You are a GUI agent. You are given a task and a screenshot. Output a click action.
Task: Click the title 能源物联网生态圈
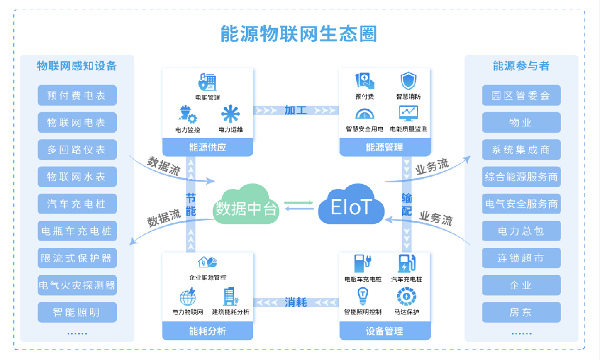tap(299, 33)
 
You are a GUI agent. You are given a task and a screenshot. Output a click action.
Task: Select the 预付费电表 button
tap(77, 95)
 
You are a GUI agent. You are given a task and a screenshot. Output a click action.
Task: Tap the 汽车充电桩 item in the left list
tap(77, 204)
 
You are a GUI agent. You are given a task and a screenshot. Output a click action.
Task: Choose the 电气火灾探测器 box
tap(77, 285)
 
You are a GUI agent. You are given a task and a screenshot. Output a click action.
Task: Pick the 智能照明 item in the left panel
tap(77, 313)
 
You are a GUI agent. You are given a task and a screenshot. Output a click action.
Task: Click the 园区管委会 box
tap(521, 95)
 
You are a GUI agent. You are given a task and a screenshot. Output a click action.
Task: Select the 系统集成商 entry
tap(521, 149)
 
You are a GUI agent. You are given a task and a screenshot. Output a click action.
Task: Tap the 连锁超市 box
tap(521, 258)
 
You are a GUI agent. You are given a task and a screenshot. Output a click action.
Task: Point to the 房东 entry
tap(521, 313)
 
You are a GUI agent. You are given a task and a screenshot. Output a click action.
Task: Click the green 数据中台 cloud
tap(247, 207)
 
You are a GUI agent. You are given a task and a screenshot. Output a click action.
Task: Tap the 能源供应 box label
tap(208, 147)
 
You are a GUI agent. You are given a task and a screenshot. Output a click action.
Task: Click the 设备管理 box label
tap(384, 331)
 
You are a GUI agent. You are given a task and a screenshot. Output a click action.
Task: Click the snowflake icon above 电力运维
tap(230, 114)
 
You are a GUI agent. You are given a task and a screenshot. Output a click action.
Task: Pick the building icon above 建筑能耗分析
tap(230, 296)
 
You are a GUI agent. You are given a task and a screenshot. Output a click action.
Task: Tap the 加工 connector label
tap(296, 110)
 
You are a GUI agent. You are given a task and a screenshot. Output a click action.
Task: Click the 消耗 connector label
tap(296, 302)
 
